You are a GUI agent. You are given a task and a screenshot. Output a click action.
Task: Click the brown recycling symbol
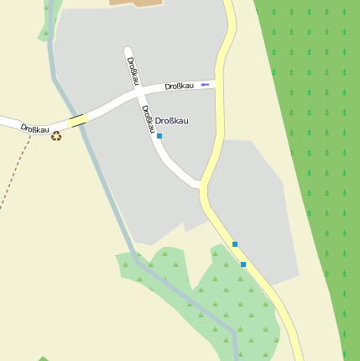(x=56, y=135)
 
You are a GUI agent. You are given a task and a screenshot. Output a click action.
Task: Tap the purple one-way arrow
(x=204, y=84)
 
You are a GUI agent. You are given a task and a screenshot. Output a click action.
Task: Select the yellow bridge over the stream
(x=77, y=121)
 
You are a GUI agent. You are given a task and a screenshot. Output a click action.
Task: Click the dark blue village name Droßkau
(x=172, y=121)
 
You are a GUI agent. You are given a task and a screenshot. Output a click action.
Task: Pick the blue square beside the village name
(x=159, y=135)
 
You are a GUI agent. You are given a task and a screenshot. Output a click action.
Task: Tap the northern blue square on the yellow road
(x=235, y=244)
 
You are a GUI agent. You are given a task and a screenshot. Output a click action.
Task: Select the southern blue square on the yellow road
(x=243, y=264)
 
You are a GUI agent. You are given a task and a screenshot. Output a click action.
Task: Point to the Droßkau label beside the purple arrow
(x=179, y=86)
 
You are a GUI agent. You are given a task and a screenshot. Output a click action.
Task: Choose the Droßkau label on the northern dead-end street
(x=133, y=70)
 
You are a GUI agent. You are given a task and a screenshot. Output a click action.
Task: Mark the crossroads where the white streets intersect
(x=138, y=96)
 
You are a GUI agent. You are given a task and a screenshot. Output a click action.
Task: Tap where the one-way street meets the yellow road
(x=220, y=82)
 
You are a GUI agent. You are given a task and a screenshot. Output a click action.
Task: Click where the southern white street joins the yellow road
(x=201, y=185)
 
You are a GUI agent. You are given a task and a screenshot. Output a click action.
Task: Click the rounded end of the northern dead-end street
(x=128, y=50)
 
